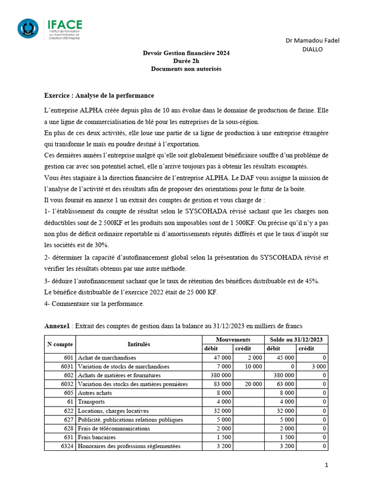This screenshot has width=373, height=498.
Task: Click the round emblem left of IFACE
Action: (x=28, y=28)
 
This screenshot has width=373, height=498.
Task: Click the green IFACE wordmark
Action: (x=65, y=24)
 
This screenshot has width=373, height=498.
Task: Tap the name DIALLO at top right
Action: (x=312, y=49)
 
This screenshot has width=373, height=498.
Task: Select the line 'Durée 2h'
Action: (x=186, y=61)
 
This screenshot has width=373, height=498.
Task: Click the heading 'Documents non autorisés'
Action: (x=186, y=69)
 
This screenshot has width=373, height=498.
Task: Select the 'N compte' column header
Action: (x=60, y=344)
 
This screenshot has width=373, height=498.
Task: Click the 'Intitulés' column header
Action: (x=138, y=344)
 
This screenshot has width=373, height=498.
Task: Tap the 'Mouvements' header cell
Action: (x=233, y=339)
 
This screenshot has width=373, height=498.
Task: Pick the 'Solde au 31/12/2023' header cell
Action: (x=296, y=339)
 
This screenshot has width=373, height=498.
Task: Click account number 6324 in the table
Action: (x=67, y=446)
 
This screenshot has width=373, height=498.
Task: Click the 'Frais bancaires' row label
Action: (x=97, y=437)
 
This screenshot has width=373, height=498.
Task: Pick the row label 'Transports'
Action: (x=91, y=402)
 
